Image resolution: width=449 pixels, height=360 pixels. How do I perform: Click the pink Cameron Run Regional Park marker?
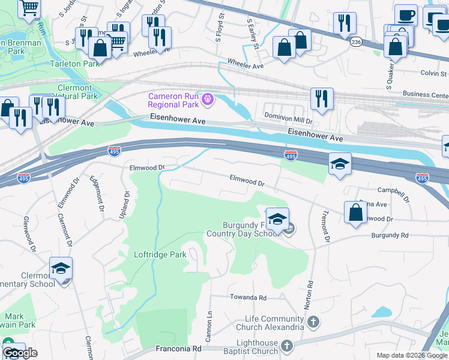tap(208, 99)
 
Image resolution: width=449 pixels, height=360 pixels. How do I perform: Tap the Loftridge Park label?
tap(160, 254)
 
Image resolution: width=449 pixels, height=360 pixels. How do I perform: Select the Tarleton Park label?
tap(73, 64)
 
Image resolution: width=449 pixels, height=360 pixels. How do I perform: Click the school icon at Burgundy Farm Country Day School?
tap(277, 220)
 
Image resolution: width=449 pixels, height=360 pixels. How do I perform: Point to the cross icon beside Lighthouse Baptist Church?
tap(287, 346)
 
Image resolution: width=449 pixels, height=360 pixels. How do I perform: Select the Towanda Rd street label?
tap(247, 297)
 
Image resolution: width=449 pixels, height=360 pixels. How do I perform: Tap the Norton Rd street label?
tap(310, 295)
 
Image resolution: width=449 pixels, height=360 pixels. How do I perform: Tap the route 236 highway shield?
tap(356, 41)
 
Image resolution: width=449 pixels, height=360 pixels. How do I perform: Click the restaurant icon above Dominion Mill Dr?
tap(322, 99)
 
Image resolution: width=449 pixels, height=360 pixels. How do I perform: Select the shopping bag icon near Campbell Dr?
tap(355, 213)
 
